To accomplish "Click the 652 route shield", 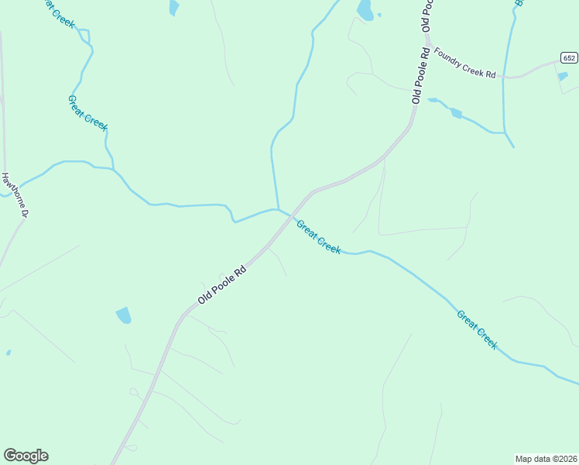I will pyautogui.click(x=569, y=58).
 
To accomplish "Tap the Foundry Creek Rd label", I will pyautogui.click(x=464, y=63).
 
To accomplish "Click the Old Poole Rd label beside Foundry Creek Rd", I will pyautogui.click(x=420, y=76).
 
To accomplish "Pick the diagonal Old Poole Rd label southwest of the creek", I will pyautogui.click(x=221, y=285).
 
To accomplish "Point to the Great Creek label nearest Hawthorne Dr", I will pyautogui.click(x=87, y=113).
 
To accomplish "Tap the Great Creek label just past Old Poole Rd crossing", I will pyautogui.click(x=318, y=236).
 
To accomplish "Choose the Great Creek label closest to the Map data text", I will pyautogui.click(x=477, y=329).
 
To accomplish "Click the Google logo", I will pyautogui.click(x=26, y=456).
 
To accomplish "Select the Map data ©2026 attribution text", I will pyautogui.click(x=546, y=459).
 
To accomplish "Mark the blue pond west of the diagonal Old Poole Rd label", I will pyautogui.click(x=123, y=315).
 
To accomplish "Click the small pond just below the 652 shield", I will pyautogui.click(x=563, y=76).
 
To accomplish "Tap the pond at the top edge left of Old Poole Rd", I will pyautogui.click(x=365, y=9).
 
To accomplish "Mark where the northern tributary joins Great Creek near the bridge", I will pyautogui.click(x=277, y=208).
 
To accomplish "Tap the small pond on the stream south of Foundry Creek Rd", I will pyautogui.click(x=456, y=113).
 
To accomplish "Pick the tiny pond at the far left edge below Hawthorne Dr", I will pyautogui.click(x=9, y=353).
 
